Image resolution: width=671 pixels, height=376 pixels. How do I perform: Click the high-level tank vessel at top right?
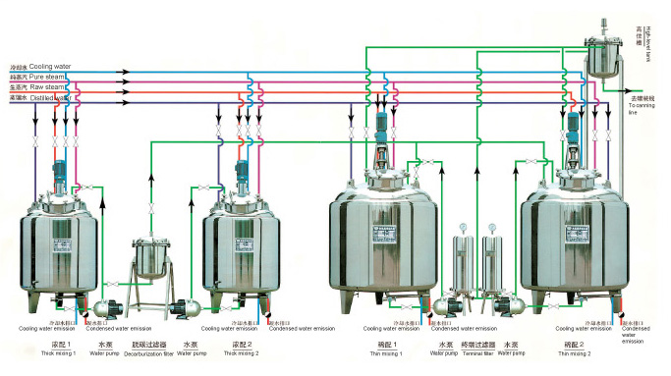pos(606,59)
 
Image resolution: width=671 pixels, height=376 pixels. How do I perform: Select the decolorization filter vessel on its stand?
pos(150,258)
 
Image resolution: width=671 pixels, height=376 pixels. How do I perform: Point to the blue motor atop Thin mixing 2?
pos(573,127)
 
